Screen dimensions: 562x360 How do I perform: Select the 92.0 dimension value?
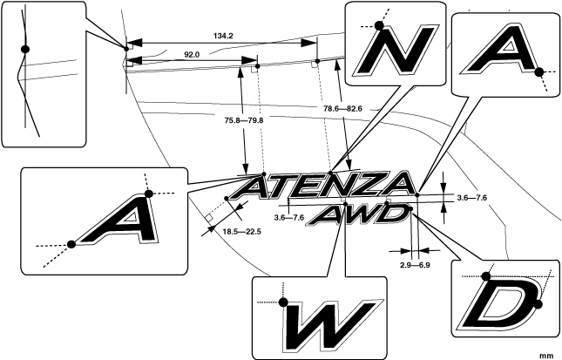click(192, 54)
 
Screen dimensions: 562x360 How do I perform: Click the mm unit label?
click(546, 355)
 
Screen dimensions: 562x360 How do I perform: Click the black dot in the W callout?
click(283, 302)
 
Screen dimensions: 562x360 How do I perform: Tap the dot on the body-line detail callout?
click(25, 49)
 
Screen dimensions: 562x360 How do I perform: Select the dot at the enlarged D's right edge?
click(538, 303)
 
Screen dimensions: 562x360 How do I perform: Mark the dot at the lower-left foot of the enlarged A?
click(71, 243)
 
